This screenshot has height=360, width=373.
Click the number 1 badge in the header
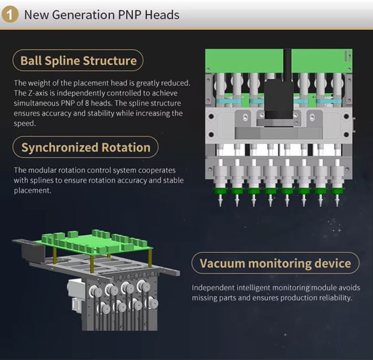pos(11,14)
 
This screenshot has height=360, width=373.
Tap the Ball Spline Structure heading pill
pos(78,61)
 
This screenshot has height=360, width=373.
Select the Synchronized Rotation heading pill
pos(86,148)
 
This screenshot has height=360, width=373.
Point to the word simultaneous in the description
pos(40,103)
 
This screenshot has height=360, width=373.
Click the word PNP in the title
pos(131,14)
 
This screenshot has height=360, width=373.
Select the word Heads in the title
pos(163,14)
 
